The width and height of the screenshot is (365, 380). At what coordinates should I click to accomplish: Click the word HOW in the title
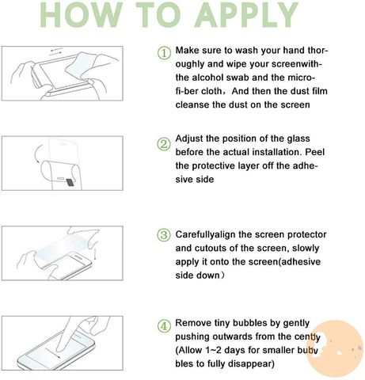point(82,14)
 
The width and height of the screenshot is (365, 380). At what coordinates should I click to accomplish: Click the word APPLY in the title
point(246,14)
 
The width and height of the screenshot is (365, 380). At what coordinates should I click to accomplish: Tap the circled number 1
point(164,53)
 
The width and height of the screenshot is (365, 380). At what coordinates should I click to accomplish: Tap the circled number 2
point(164,145)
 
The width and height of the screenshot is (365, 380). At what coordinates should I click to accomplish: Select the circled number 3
point(164,235)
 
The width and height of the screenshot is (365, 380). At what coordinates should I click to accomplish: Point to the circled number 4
point(164,326)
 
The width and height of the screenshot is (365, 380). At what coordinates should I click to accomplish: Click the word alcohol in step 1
point(207,78)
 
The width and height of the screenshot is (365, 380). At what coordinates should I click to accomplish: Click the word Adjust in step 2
point(189,139)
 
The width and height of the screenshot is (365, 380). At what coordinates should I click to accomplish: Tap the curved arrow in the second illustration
point(37,154)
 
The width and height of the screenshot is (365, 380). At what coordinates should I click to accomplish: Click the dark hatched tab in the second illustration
point(70,182)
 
